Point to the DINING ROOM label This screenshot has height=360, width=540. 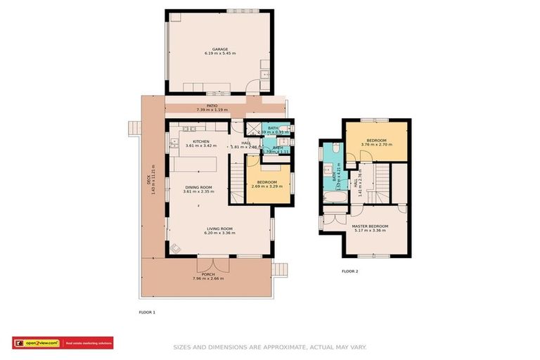click(197, 187)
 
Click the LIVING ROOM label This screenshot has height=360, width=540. click(219, 229)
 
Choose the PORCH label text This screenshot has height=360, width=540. click(208, 274)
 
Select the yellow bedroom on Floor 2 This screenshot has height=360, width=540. click(375, 141)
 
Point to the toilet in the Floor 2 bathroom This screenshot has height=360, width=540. click(335, 148)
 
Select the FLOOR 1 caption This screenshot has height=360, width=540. click(148, 311)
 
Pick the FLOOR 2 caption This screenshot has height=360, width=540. click(349, 271)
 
